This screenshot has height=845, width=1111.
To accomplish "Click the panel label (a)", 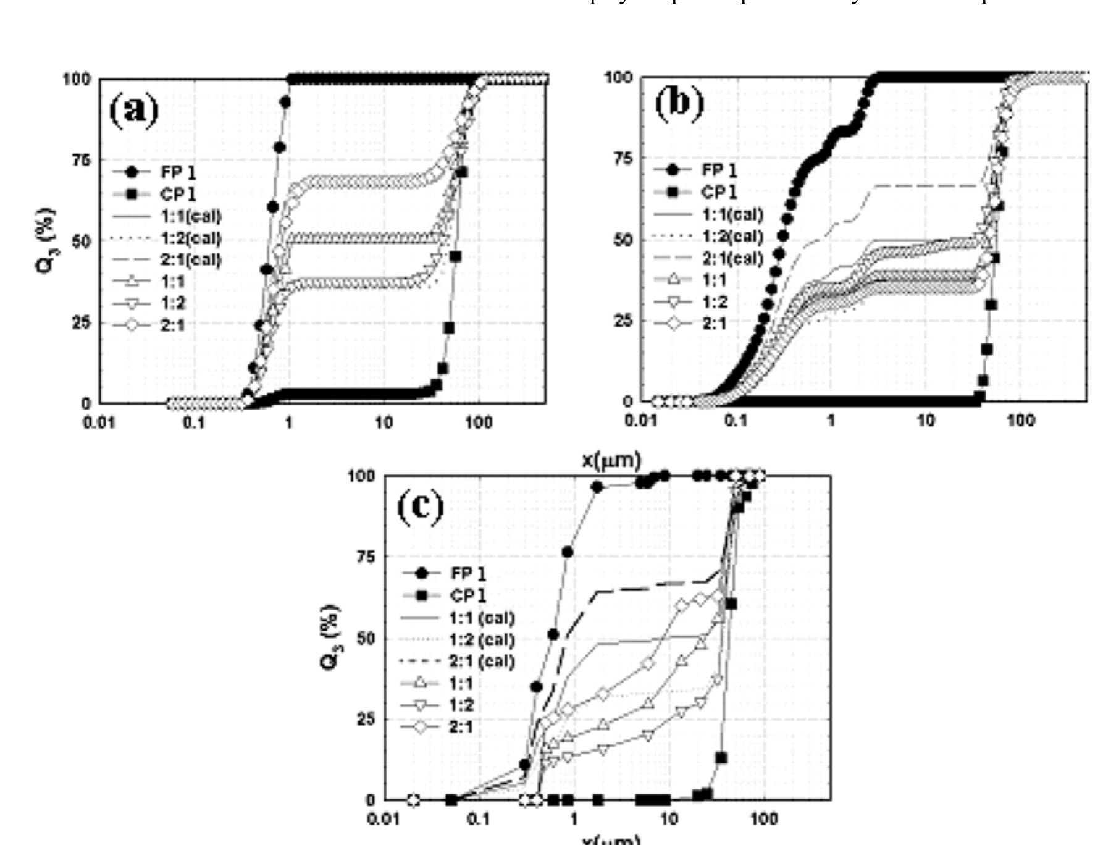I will pyautogui.click(x=134, y=111).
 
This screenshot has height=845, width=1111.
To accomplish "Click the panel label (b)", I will pyautogui.click(x=679, y=103).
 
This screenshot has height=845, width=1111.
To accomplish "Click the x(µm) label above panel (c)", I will pyautogui.click(x=611, y=461).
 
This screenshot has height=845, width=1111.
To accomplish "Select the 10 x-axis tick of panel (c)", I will pyautogui.click(x=669, y=819).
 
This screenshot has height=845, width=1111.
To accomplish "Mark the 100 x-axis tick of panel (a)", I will pyautogui.click(x=479, y=422).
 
